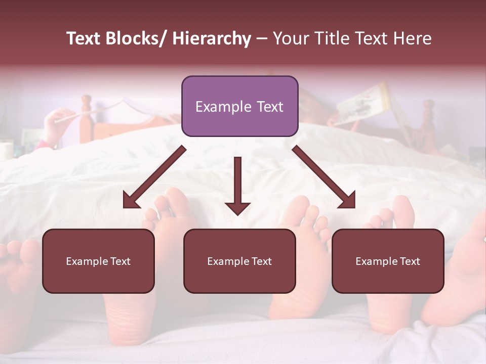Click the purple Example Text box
point(239,106)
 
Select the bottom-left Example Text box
point(98,261)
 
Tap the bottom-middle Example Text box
point(239,261)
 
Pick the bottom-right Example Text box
point(388,261)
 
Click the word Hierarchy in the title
point(212,38)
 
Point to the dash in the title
point(262,38)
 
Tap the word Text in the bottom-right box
point(409,261)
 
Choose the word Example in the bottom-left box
point(87,261)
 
